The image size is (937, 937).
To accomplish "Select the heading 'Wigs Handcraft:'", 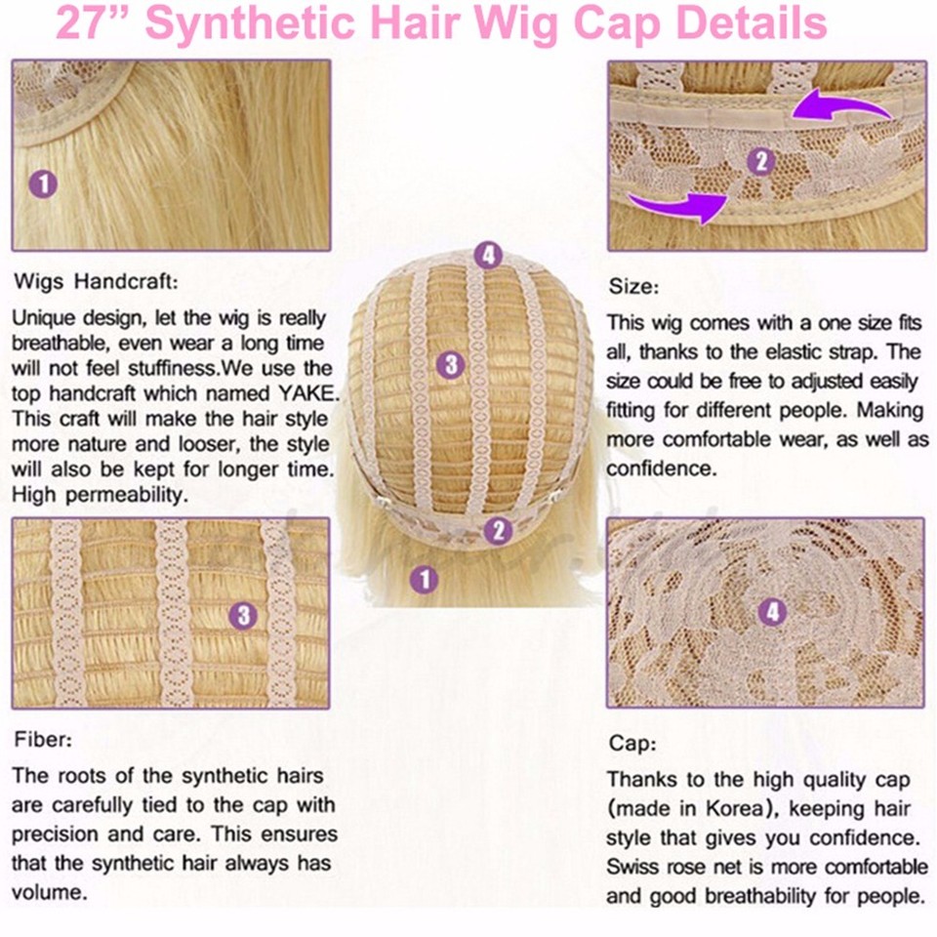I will coord(95,283).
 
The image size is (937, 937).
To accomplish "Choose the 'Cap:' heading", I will coord(632,743).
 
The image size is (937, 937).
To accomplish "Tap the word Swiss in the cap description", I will coord(631,867).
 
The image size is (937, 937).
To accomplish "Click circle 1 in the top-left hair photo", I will coord(44,183).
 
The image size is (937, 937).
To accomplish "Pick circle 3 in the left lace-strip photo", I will coord(243,615).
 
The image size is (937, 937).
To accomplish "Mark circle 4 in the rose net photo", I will coord(772,612).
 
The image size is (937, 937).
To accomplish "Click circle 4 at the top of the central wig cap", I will coord(488,257).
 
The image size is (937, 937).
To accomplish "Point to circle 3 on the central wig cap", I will coord(450,365).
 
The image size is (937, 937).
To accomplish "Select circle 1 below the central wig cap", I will coord(423,580).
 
